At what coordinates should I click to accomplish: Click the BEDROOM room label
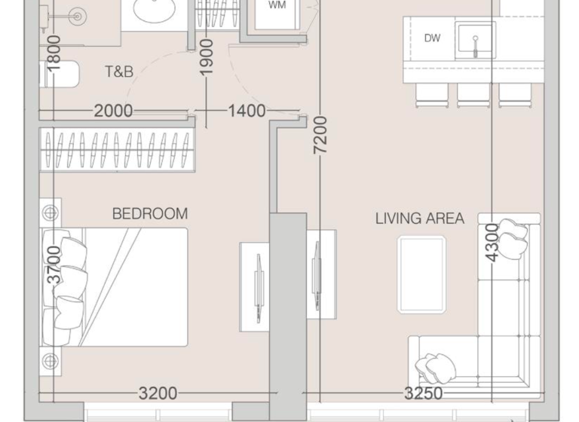[x=149, y=214]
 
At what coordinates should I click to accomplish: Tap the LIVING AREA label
[x=420, y=219]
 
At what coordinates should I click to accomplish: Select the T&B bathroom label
[x=119, y=72]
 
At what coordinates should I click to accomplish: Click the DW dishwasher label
[x=432, y=38]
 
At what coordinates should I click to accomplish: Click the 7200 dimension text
[x=322, y=136]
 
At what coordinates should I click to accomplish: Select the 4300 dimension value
[x=492, y=243]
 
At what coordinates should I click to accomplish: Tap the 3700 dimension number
[x=54, y=265]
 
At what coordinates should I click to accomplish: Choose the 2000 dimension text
[x=114, y=112]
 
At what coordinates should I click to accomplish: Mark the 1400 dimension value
[x=247, y=112]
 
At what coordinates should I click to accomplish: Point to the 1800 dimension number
[x=54, y=54]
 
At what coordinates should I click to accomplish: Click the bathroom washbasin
[x=158, y=12]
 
